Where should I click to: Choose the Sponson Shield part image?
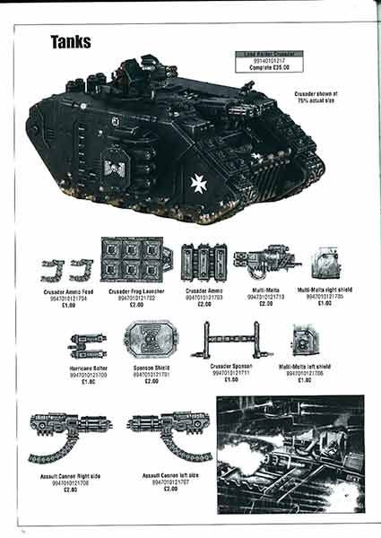152,342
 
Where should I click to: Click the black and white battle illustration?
290,455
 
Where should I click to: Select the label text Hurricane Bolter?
89,369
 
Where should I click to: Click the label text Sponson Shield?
152,369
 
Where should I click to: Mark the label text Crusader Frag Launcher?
134,292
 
